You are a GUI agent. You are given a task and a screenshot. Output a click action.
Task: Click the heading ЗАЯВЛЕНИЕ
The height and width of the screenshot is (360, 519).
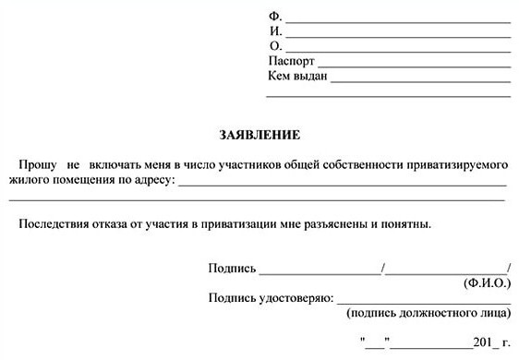(x=259, y=135)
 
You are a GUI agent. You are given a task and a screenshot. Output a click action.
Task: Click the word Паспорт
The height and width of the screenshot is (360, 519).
(x=292, y=62)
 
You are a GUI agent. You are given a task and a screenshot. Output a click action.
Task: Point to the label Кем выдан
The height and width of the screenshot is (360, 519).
(x=298, y=77)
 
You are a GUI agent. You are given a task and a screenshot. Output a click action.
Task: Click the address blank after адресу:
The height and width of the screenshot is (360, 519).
(x=342, y=183)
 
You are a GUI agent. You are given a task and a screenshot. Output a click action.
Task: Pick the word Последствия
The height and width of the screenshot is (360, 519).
(x=52, y=223)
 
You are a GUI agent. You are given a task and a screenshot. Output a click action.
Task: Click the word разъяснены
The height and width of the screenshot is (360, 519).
(x=346, y=223)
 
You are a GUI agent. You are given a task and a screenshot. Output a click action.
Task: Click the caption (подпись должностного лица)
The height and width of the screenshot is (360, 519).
(x=428, y=314)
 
